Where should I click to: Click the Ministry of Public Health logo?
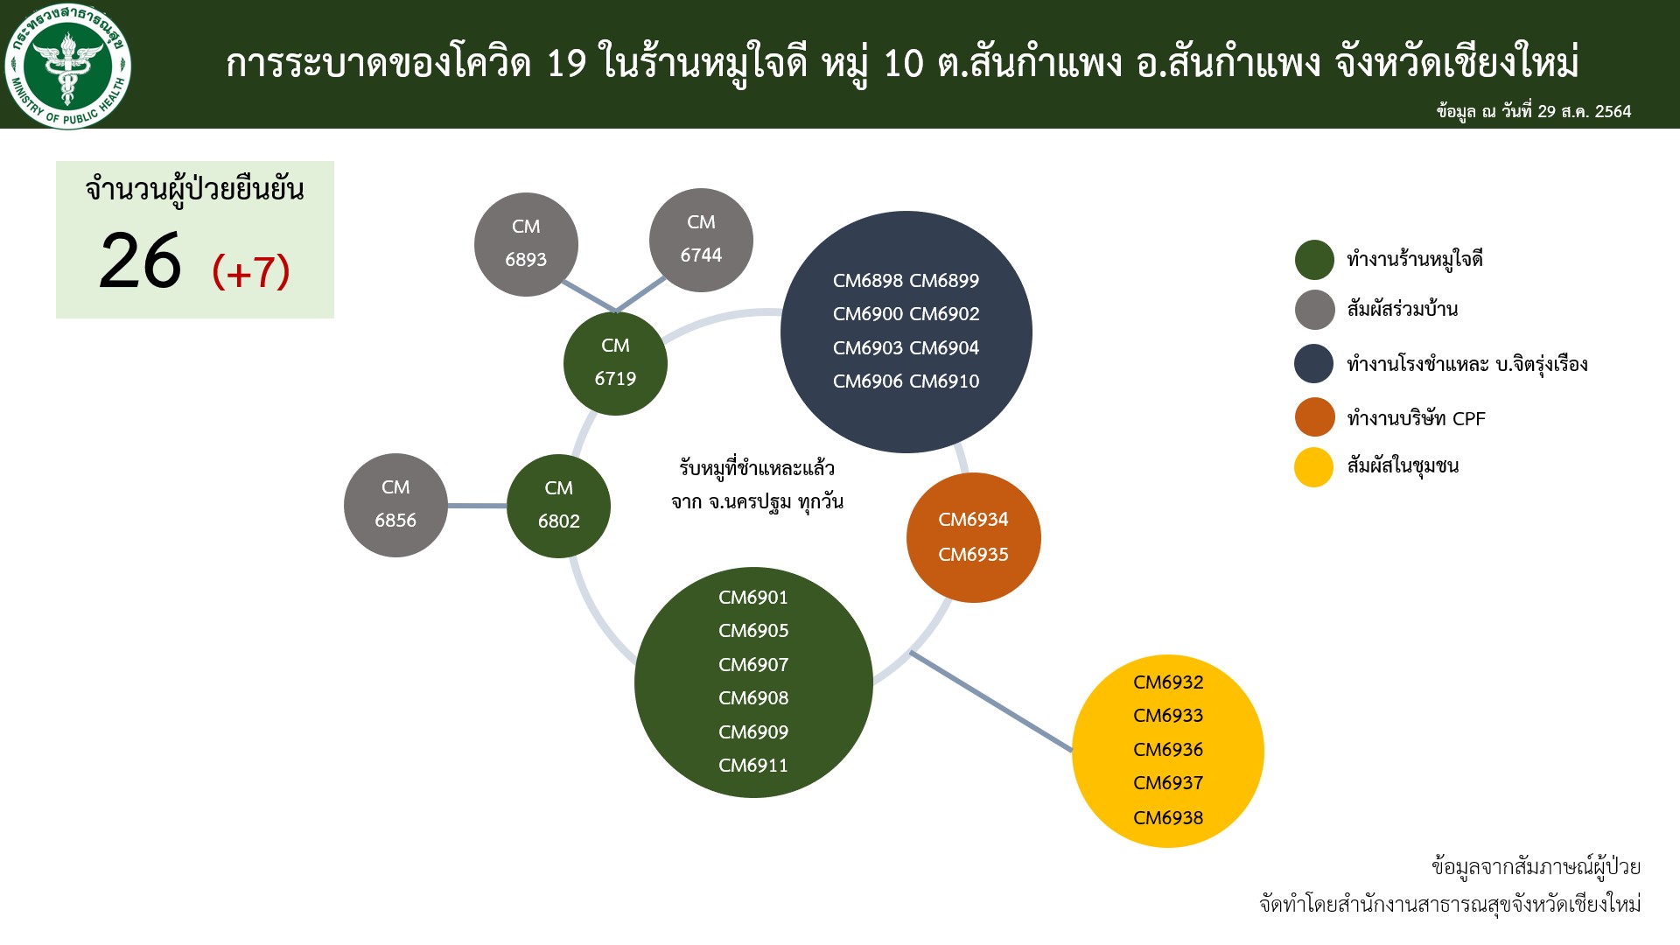67,66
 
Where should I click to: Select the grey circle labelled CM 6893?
526,244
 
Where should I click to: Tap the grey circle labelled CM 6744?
701,240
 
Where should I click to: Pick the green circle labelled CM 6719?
615,363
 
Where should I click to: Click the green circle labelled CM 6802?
558,506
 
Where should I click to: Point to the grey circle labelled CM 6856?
395,505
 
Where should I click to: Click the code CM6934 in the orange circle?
973,520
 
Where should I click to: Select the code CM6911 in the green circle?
753,766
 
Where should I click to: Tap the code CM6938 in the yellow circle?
1168,818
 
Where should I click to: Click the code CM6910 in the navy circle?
944,381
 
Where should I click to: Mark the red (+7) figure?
251,271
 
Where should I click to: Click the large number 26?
140,262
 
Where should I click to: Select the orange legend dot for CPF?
1314,417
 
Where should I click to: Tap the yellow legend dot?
1313,467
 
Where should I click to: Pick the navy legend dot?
1314,363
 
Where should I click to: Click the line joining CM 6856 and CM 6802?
478,506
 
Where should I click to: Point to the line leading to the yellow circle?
991,701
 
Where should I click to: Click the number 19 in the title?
566,64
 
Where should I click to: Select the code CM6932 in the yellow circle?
1168,682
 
